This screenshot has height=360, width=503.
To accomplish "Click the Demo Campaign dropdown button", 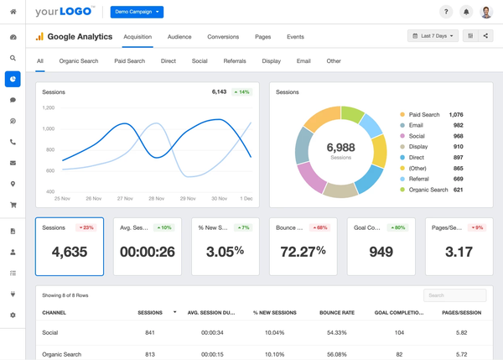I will (x=137, y=12).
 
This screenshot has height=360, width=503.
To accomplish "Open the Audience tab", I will (x=179, y=37).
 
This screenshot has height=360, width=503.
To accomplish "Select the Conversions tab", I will (x=223, y=37).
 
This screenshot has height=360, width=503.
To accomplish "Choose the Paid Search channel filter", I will (x=129, y=61).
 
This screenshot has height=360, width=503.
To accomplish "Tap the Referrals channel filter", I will (x=235, y=61).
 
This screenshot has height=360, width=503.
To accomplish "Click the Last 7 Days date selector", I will (x=433, y=36).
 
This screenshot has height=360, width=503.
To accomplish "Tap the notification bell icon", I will (x=466, y=12).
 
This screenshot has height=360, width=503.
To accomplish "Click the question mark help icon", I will (x=446, y=12).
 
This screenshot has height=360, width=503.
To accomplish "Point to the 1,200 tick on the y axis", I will (x=48, y=107).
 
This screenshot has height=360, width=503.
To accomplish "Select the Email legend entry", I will (x=417, y=125).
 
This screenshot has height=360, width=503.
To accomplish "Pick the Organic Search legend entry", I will (x=428, y=190).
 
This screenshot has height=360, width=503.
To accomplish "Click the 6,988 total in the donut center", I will (x=340, y=148).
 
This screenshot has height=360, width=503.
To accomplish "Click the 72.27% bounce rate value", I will (x=301, y=251).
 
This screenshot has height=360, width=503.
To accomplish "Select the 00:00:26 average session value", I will (x=148, y=251).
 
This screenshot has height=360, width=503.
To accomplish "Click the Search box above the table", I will (x=454, y=295).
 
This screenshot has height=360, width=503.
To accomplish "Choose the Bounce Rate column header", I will (x=336, y=312).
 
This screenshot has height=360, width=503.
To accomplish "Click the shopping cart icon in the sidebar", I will (x=13, y=205).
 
